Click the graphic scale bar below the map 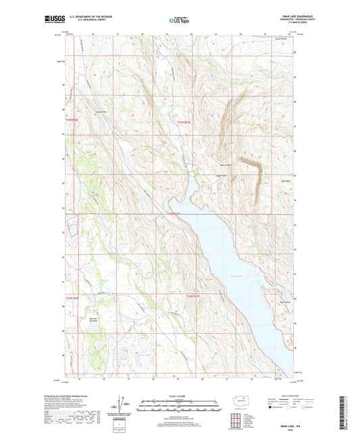(x=179, y=406)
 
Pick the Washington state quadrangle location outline (x=241, y=402)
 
